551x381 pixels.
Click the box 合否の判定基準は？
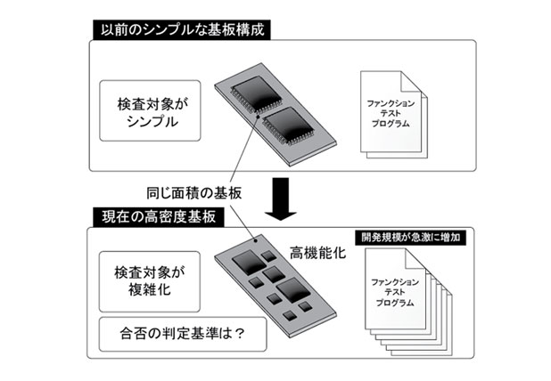169,336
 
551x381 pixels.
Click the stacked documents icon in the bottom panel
397,298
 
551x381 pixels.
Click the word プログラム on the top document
391,125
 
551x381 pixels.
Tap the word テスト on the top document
391,114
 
